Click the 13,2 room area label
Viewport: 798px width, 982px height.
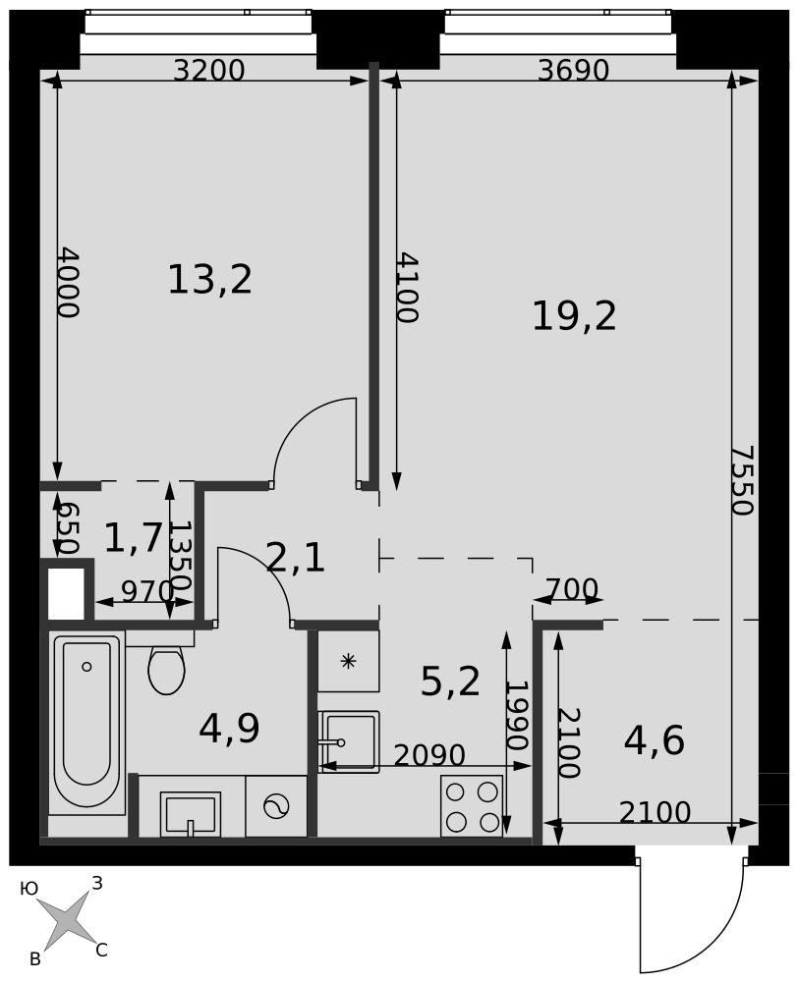(210, 279)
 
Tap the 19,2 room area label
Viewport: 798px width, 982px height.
(574, 316)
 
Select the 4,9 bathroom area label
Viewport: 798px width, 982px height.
(229, 729)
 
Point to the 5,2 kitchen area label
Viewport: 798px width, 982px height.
(450, 682)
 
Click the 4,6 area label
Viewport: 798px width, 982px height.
(654, 740)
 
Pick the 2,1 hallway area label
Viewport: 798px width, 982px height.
(295, 558)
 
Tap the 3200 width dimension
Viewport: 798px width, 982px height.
(208, 71)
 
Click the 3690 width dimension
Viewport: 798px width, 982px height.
(574, 71)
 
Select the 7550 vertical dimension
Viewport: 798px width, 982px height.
(744, 480)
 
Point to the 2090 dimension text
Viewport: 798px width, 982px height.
(429, 755)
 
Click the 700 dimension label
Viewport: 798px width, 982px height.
(572, 588)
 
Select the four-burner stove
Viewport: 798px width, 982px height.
(472, 806)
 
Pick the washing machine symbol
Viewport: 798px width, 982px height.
(276, 806)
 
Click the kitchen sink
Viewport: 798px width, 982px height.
(349, 741)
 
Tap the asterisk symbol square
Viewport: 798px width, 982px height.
(349, 661)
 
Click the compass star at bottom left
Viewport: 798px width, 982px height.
(66, 919)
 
